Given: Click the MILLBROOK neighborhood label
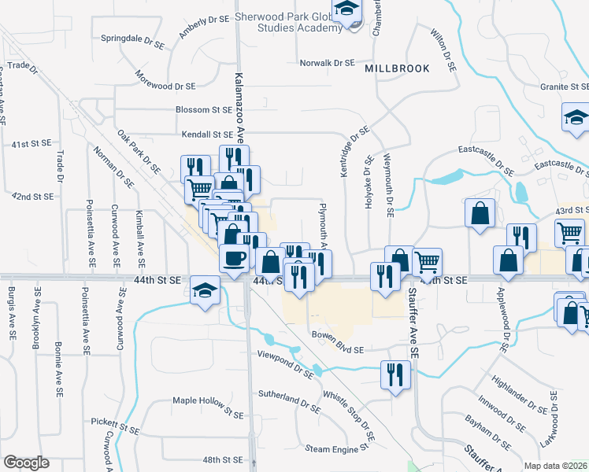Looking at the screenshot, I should (397, 68).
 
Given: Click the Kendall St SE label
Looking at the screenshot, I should (207, 135).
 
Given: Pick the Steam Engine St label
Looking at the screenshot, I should (338, 448).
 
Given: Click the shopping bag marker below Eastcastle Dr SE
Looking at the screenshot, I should (480, 213).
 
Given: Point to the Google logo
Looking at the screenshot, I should (26, 463).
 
